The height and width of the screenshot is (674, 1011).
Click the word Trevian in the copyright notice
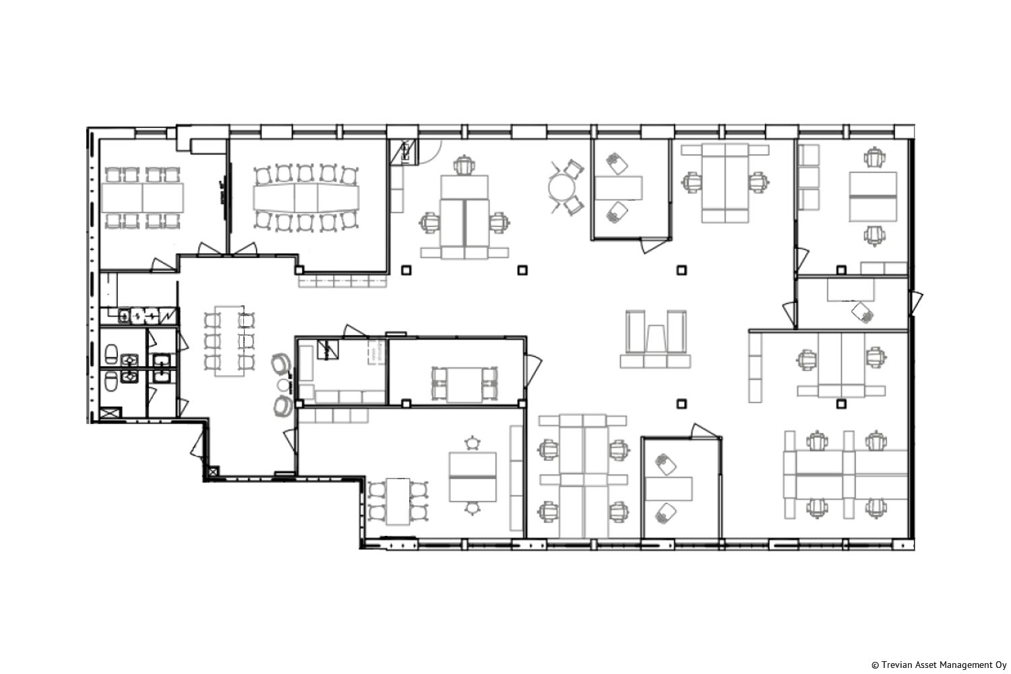pyautogui.click(x=895, y=665)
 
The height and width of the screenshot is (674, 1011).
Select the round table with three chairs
pyautogui.click(x=562, y=187)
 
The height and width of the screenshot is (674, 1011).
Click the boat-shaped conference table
pyautogui.click(x=307, y=197)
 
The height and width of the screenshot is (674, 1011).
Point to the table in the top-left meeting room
pyautogui.click(x=143, y=197)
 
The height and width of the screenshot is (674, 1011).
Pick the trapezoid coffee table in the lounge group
pyautogui.click(x=656, y=338)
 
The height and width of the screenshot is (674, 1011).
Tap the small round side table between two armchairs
pyautogui.click(x=284, y=385)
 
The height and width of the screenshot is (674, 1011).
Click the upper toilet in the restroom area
pyautogui.click(x=111, y=354)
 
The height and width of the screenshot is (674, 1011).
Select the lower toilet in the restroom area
pyautogui.click(x=111, y=381)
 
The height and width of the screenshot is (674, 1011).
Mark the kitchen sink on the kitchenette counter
pyautogui.click(x=144, y=315)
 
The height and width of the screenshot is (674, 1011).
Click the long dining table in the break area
pyautogui.click(x=230, y=341)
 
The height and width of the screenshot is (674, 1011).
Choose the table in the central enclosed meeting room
pyautogui.click(x=464, y=385)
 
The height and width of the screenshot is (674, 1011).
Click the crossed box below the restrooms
pyautogui.click(x=111, y=413)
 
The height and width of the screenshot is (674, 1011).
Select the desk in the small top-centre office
pyautogui.click(x=619, y=188)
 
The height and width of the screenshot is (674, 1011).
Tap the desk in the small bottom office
pyautogui.click(x=669, y=489)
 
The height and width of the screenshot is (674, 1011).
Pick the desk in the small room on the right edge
pyautogui.click(x=851, y=290)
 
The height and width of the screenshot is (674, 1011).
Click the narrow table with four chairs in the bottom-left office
pyautogui.click(x=398, y=501)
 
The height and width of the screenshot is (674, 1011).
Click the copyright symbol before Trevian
pyautogui.click(x=875, y=665)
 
